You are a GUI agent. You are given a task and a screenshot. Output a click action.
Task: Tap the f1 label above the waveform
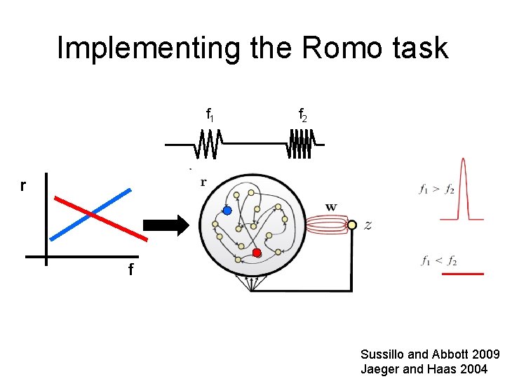[210, 114]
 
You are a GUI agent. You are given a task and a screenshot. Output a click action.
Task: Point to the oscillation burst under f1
[208, 145]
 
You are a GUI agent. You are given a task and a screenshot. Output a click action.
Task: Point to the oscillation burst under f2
[299, 145]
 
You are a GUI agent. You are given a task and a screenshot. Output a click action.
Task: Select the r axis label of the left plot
[23, 185]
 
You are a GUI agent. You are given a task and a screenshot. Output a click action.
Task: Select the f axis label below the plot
[131, 270]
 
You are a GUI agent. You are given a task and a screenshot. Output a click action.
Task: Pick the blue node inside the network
[227, 210]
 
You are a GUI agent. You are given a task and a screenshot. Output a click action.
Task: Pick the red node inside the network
[257, 253]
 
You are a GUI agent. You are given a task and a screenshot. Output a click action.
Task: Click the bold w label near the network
[331, 207]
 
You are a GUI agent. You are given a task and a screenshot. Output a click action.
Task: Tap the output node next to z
[352, 225]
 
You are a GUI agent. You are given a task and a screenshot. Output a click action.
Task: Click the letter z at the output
[368, 225]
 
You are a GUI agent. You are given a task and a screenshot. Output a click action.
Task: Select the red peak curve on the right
[462, 189]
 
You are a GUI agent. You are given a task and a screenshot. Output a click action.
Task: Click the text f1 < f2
[439, 261]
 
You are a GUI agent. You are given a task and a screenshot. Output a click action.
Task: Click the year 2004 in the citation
[473, 368]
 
